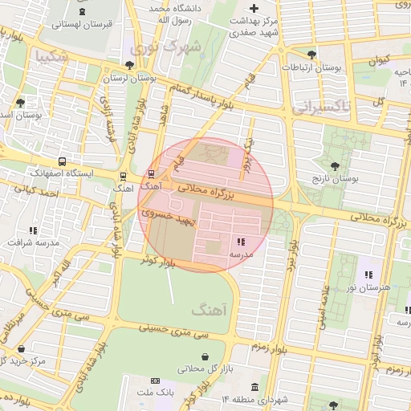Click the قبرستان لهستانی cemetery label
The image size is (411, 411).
coord(81,24)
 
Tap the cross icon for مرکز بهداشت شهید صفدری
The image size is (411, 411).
coord(254,8)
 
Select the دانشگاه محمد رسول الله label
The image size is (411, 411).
coord(172,12)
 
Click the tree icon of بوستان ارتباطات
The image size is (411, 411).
coord(311,55)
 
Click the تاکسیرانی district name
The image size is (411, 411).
coord(320,107)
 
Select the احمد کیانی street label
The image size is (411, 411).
coord(42,192)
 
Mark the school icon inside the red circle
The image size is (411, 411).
coord(241,242)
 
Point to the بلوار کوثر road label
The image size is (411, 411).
coord(157,261)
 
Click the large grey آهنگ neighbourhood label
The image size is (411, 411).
coord(210,309)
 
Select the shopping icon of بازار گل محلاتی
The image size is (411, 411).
coord(205,356)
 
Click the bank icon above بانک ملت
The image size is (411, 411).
coord(155,380)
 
